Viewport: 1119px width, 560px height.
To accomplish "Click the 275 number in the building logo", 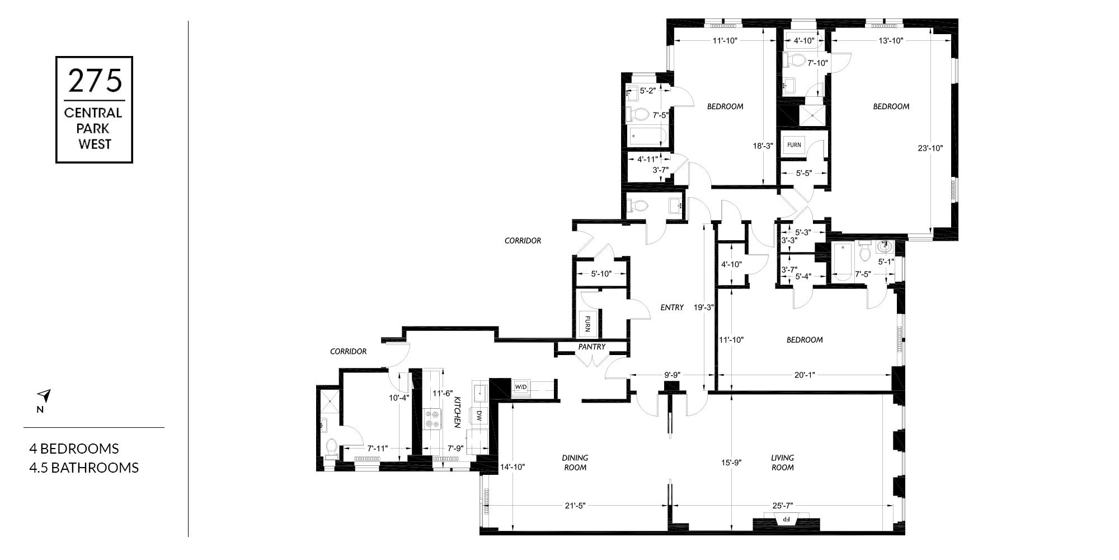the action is (x=94, y=81).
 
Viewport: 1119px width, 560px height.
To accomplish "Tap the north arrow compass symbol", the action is (x=45, y=396).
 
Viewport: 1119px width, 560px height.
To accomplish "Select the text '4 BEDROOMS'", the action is (x=74, y=449).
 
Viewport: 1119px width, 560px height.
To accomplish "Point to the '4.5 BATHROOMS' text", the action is (x=84, y=468).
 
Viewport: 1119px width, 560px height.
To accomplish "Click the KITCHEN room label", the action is (x=457, y=412).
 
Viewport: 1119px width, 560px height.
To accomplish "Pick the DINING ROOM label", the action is (x=575, y=463).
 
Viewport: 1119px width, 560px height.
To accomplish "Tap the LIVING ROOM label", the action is (x=782, y=463).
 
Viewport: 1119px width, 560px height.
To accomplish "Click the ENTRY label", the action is (x=672, y=307).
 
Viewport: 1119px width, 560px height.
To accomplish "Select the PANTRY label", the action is (x=592, y=347).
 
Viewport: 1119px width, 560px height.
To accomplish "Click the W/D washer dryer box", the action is (x=521, y=387).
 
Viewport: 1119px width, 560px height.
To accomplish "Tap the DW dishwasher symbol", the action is (x=479, y=416).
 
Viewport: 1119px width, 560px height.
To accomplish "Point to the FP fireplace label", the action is (x=786, y=519).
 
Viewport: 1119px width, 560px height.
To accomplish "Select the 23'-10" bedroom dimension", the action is (x=930, y=148).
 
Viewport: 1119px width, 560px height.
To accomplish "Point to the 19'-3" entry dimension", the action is (x=703, y=307).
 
